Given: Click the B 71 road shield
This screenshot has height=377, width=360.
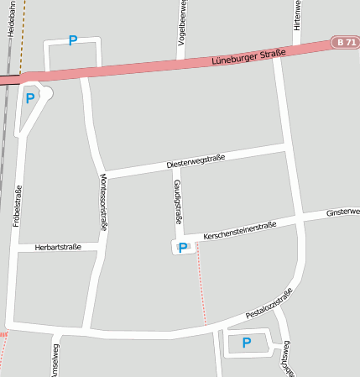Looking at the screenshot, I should [x=345, y=41].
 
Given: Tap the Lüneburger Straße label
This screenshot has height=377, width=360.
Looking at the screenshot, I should [x=248, y=56].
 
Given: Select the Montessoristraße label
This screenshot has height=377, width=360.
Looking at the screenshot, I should [x=103, y=202].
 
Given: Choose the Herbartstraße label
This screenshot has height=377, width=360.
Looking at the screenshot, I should [x=58, y=247].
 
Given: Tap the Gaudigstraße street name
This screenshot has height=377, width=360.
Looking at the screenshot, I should [x=177, y=201].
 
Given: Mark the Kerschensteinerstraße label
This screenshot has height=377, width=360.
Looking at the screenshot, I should [x=240, y=231].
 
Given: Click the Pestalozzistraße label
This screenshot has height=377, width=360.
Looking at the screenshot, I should [x=269, y=304].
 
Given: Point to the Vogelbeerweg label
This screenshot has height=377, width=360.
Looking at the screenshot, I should [x=181, y=22].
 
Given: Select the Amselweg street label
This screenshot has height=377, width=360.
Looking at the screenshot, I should [x=55, y=360].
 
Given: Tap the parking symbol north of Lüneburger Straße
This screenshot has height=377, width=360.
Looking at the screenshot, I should [x=72, y=40].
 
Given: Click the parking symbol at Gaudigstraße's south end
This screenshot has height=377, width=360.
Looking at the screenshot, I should [x=182, y=247].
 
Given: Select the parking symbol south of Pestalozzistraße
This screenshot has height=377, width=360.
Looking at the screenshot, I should [x=246, y=343].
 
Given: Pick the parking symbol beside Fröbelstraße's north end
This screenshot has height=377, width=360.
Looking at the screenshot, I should [x=30, y=98].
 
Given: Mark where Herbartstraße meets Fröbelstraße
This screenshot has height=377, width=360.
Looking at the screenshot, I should [x=17, y=248].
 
